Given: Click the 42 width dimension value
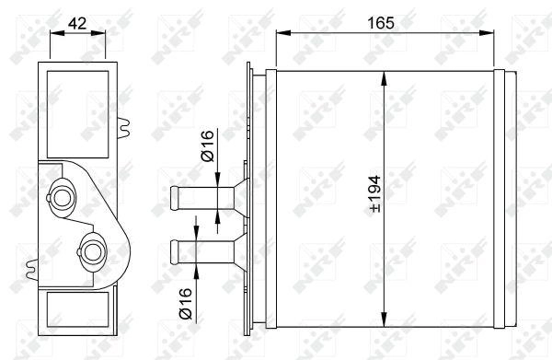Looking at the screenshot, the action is pos(77,23).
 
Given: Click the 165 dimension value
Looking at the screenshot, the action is pos(381,23).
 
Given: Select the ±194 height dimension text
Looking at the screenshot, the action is pos(375,194).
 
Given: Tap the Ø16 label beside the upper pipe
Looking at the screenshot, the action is pos(207,145).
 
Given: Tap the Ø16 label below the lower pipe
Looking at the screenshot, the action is pos(186,304).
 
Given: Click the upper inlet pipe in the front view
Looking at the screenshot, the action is pos(202,198).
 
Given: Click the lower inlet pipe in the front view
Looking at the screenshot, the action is pos(202,251).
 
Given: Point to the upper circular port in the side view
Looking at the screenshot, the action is pos(62,198).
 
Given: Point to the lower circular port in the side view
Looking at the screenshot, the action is pos(93,252).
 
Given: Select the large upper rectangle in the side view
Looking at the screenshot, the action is pos(78,114).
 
